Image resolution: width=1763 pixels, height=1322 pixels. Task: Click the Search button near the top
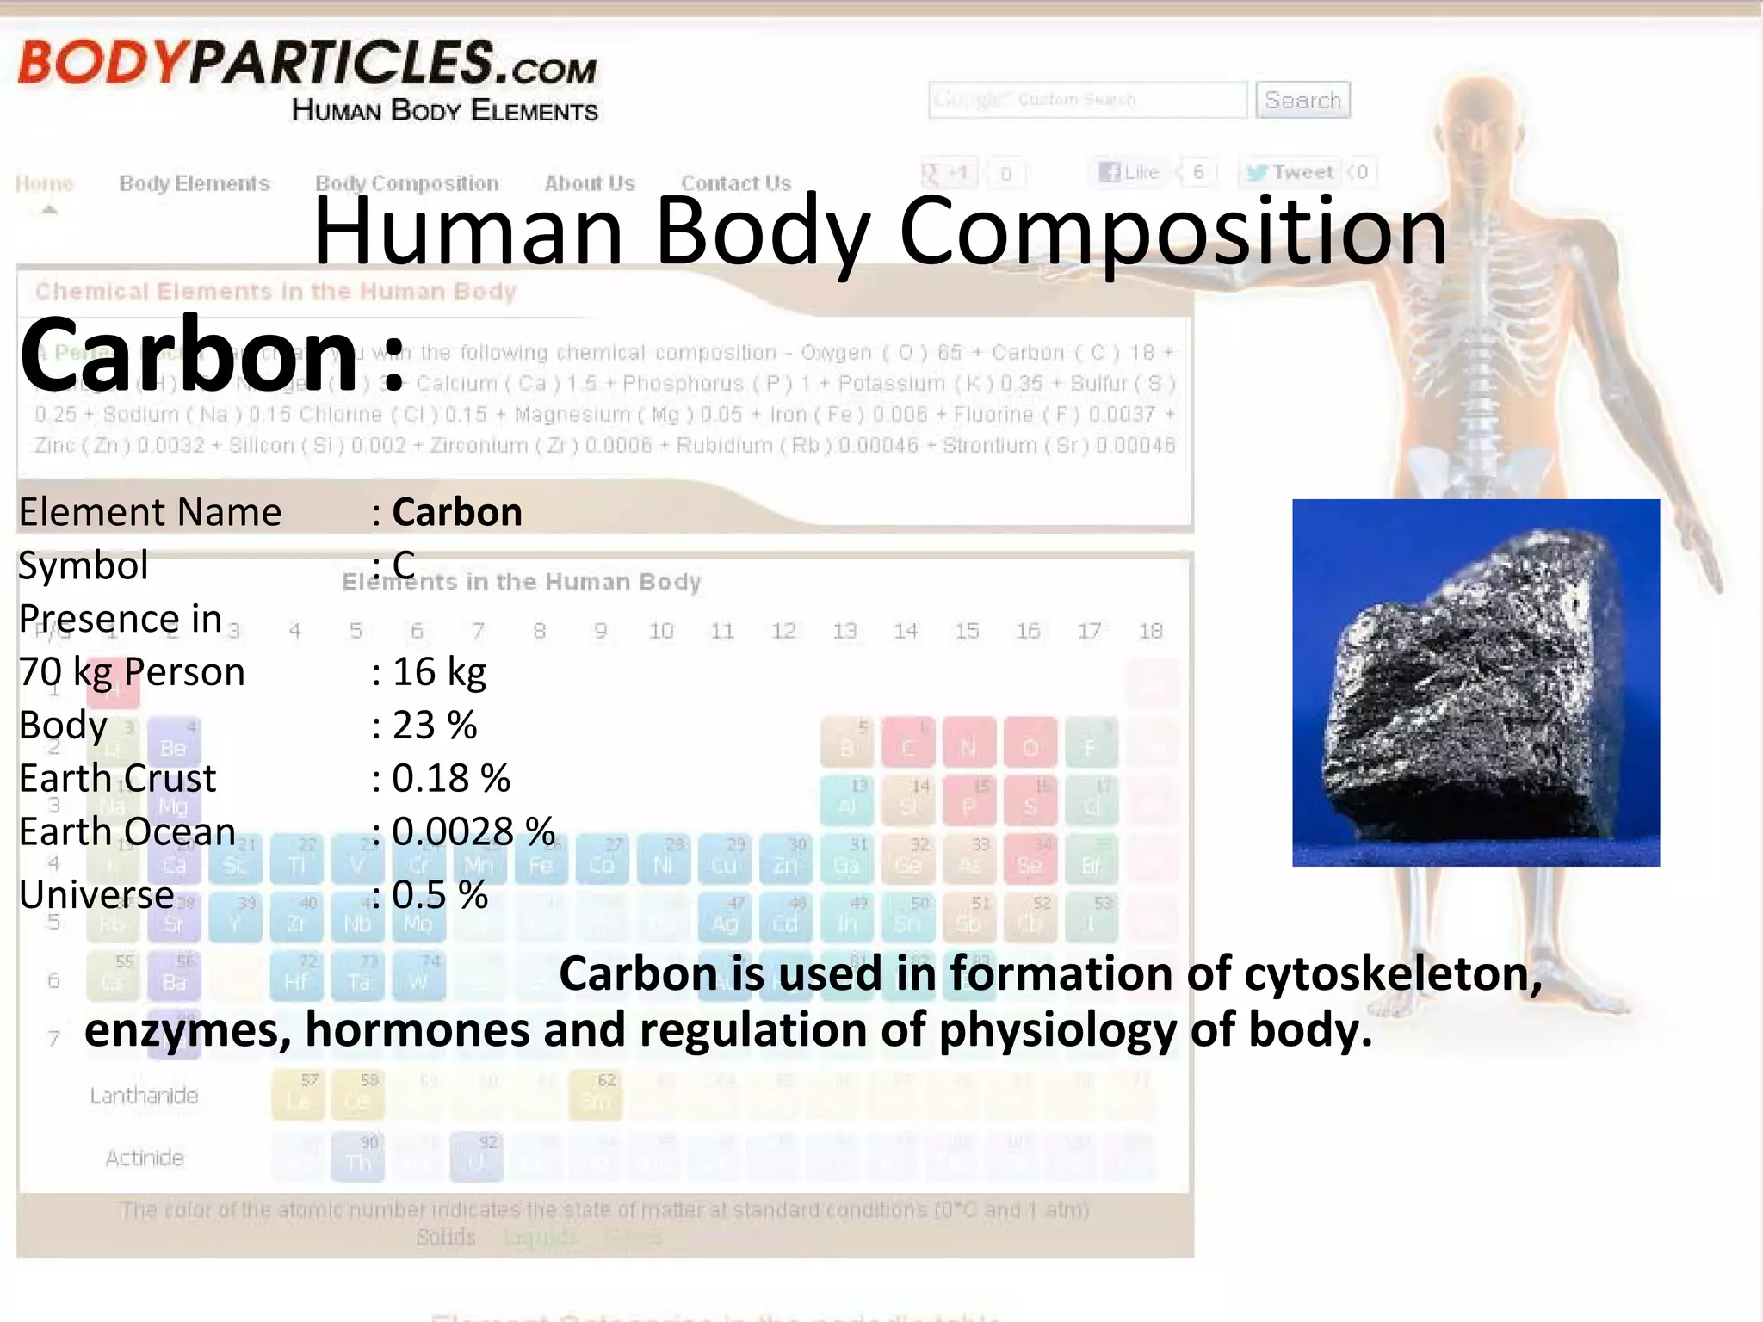coord(1302,100)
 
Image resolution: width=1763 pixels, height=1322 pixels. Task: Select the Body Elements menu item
coord(195,183)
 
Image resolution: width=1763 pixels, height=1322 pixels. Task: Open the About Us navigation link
coord(590,183)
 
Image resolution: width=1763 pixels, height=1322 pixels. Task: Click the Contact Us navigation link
coord(736,183)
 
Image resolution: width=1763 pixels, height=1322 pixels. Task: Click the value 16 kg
coord(439,671)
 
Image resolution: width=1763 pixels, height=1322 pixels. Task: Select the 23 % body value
coord(435,725)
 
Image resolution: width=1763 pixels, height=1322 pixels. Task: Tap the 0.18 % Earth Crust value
coord(451,778)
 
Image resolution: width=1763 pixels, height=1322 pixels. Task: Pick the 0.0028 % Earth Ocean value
coord(473,831)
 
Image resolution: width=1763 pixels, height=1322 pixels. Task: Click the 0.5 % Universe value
coord(440,895)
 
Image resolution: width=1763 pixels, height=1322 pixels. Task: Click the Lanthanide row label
coord(144,1096)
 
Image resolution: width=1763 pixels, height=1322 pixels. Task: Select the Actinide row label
coord(145,1158)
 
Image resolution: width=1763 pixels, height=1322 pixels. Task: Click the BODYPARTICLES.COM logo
coord(307,65)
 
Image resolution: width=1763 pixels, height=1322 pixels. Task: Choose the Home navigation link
coord(45,183)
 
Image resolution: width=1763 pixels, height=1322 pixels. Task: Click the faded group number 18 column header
coord(1150,631)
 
